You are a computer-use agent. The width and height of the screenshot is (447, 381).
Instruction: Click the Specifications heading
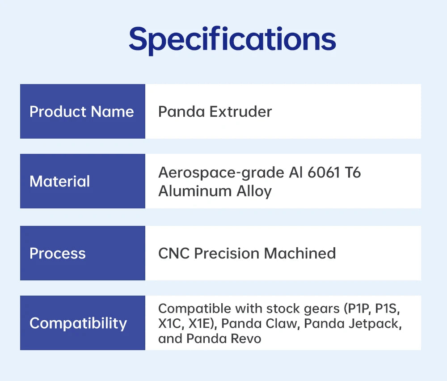[x=232, y=39]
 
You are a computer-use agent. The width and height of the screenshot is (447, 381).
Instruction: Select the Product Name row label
[x=82, y=111]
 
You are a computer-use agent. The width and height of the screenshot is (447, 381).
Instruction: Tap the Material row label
[x=60, y=182]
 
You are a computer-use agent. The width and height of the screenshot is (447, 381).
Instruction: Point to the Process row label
[x=58, y=253]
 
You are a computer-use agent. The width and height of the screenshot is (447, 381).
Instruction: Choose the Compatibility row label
[x=78, y=324]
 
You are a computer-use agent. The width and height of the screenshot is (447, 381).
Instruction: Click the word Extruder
[x=240, y=111]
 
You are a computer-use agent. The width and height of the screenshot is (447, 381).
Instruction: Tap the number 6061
[x=324, y=173]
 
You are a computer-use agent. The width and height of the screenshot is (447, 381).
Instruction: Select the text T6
[x=353, y=173]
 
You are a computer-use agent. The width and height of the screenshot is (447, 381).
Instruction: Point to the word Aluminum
[x=195, y=191]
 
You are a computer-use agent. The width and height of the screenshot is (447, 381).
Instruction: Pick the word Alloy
[x=254, y=192]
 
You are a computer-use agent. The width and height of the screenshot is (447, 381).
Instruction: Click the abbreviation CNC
[x=174, y=253]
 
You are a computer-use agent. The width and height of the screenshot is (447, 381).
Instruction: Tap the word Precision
[x=227, y=253]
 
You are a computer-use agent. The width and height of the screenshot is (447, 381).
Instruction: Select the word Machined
[x=300, y=253]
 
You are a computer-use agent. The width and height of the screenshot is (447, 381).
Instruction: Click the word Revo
[x=246, y=339]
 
